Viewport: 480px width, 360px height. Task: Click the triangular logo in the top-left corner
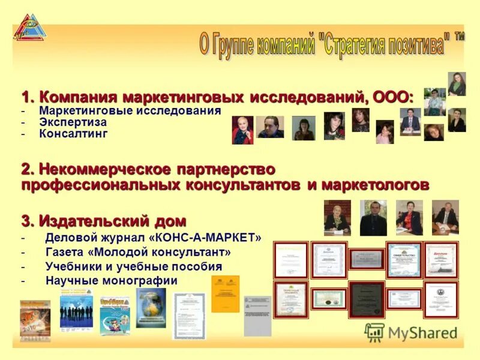29,28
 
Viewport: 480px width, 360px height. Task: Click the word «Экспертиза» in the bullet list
73,122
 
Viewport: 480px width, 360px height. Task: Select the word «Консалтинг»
73,133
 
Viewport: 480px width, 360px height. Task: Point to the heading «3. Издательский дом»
104,220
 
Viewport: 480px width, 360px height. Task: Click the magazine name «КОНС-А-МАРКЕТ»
208,238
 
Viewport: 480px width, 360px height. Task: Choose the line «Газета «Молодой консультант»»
138,252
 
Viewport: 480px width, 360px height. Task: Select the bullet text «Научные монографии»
112,280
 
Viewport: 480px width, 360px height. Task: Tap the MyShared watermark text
422,333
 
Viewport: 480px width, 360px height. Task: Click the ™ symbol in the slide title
459,37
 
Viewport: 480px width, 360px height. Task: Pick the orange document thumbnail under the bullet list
225,294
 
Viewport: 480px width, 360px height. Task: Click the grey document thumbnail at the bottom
257,316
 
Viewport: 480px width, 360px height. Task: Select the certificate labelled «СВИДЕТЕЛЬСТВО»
404,260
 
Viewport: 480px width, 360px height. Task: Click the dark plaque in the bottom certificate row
367,299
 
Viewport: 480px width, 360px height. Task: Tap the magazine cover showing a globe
151,308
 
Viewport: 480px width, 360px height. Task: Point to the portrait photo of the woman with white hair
242,130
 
